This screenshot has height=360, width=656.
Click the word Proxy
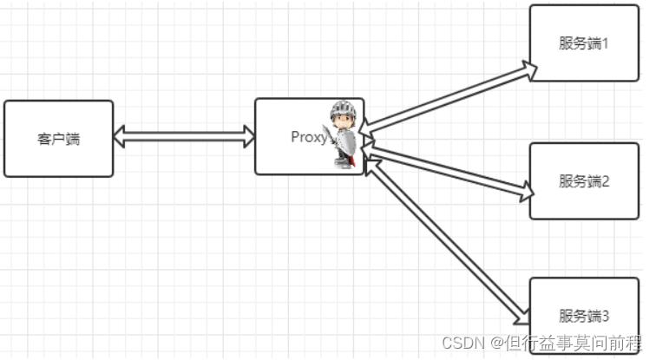(308, 137)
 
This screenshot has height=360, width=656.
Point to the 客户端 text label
(58, 139)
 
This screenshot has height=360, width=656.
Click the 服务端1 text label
(583, 43)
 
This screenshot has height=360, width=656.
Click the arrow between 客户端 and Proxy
(184, 136)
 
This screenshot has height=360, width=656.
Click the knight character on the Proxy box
(342, 134)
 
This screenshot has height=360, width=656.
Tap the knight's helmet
(344, 110)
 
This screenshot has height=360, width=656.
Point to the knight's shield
(344, 142)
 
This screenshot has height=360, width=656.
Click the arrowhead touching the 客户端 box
(121, 136)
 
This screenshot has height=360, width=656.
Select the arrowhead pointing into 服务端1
(528, 70)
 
